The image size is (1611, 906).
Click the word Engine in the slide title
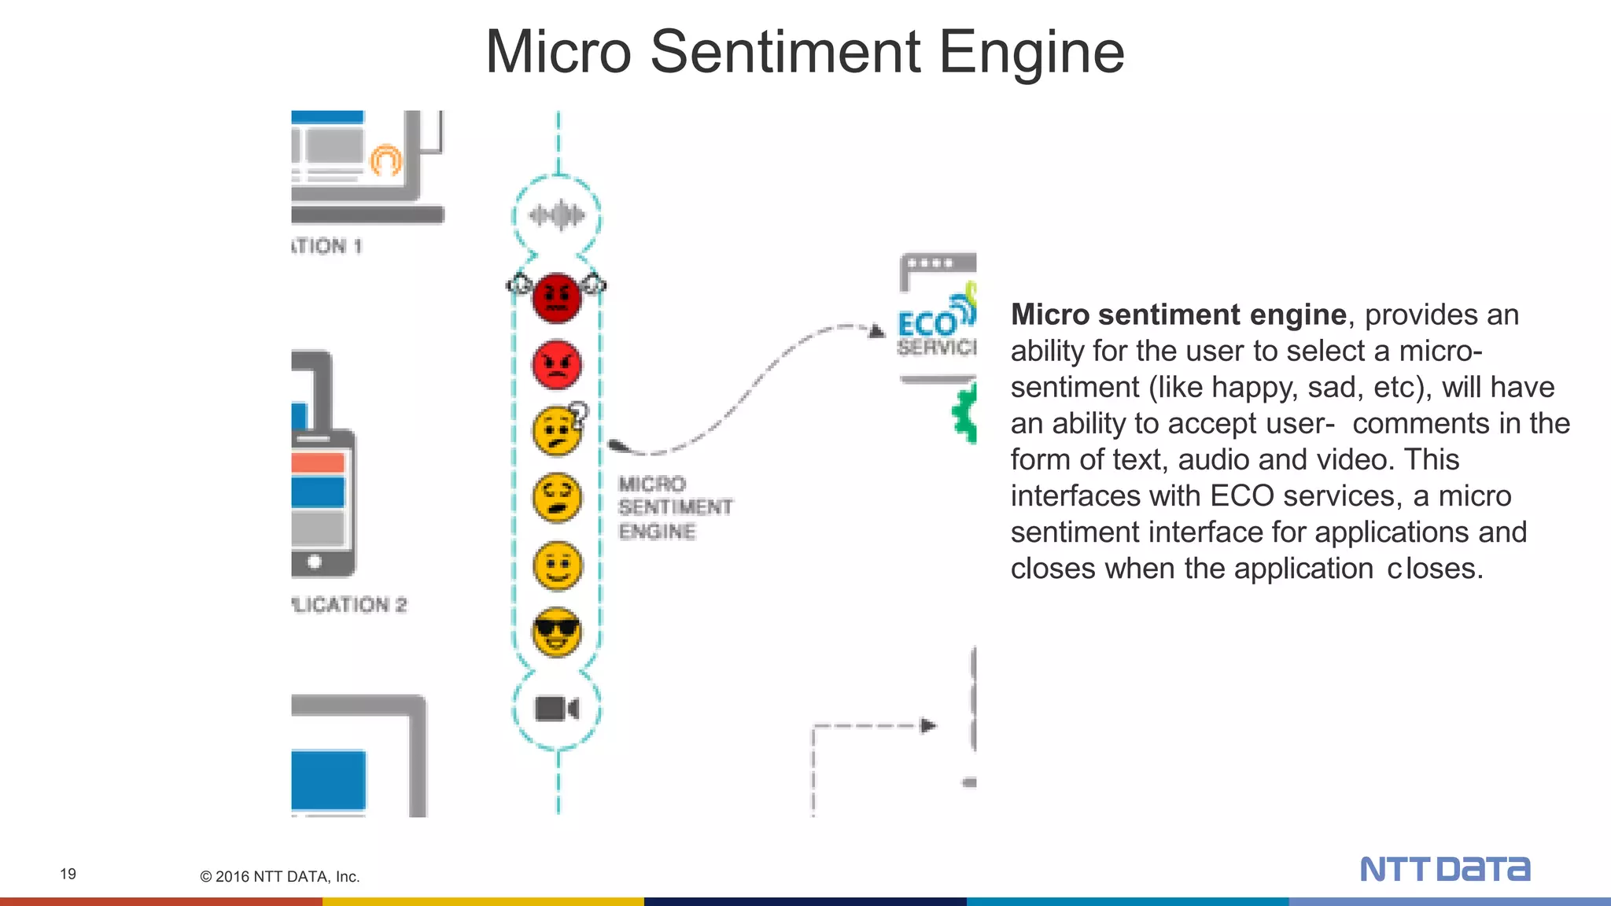click(1031, 52)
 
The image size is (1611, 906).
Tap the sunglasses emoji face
click(557, 632)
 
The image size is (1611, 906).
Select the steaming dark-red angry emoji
click(557, 298)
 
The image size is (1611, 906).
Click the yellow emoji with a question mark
click(558, 431)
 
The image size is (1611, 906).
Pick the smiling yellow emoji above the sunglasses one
click(558, 565)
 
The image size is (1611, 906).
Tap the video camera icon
click(557, 709)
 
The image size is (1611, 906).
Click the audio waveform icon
click(557, 215)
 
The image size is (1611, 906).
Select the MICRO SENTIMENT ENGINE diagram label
click(674, 507)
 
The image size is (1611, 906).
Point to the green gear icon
click(965, 413)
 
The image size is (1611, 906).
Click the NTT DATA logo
click(1445, 869)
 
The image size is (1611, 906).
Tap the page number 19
click(68, 874)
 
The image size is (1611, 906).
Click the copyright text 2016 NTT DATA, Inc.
click(280, 876)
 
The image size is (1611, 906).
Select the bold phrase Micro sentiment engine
click(1178, 315)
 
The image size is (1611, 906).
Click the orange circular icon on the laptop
click(385, 160)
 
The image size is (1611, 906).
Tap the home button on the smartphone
click(315, 562)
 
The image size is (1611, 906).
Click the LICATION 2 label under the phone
click(348, 605)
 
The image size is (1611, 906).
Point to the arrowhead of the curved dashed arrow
click(877, 331)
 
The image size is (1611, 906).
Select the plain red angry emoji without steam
click(557, 365)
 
